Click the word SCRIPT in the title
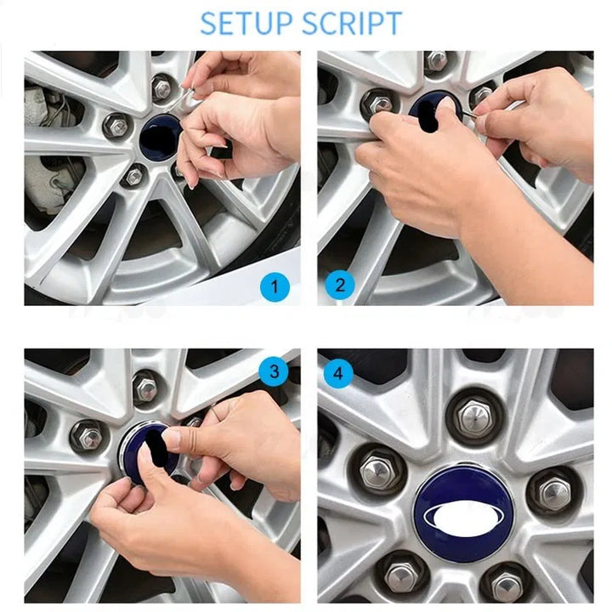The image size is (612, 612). [x=352, y=23]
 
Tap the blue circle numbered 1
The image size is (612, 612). [x=275, y=287]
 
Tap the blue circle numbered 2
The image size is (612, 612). [x=340, y=285]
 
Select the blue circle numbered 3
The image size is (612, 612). [x=275, y=371]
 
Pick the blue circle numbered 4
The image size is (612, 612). [x=338, y=373]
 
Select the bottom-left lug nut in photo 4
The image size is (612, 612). [x=401, y=575]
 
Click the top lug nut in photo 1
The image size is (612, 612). [x=162, y=88]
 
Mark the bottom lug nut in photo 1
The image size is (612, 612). [x=134, y=177]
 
